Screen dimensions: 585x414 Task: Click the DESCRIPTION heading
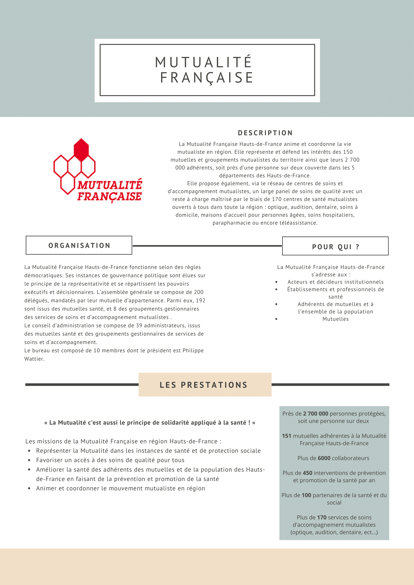265,133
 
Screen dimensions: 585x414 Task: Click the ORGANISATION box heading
79,245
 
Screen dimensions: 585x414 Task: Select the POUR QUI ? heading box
335,246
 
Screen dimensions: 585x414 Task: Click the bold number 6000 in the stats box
324,458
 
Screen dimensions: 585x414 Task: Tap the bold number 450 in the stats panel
307,473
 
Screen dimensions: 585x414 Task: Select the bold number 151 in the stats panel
286,436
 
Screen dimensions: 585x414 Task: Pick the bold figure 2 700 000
316,413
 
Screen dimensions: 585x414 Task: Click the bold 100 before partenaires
306,495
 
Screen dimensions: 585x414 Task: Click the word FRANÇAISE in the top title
206,78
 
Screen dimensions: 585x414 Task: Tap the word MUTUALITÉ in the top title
203,62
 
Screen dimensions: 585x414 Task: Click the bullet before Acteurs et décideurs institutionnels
276,282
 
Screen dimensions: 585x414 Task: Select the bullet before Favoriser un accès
29,460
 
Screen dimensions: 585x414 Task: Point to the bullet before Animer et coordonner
29,488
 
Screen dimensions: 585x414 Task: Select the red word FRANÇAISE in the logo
109,196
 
